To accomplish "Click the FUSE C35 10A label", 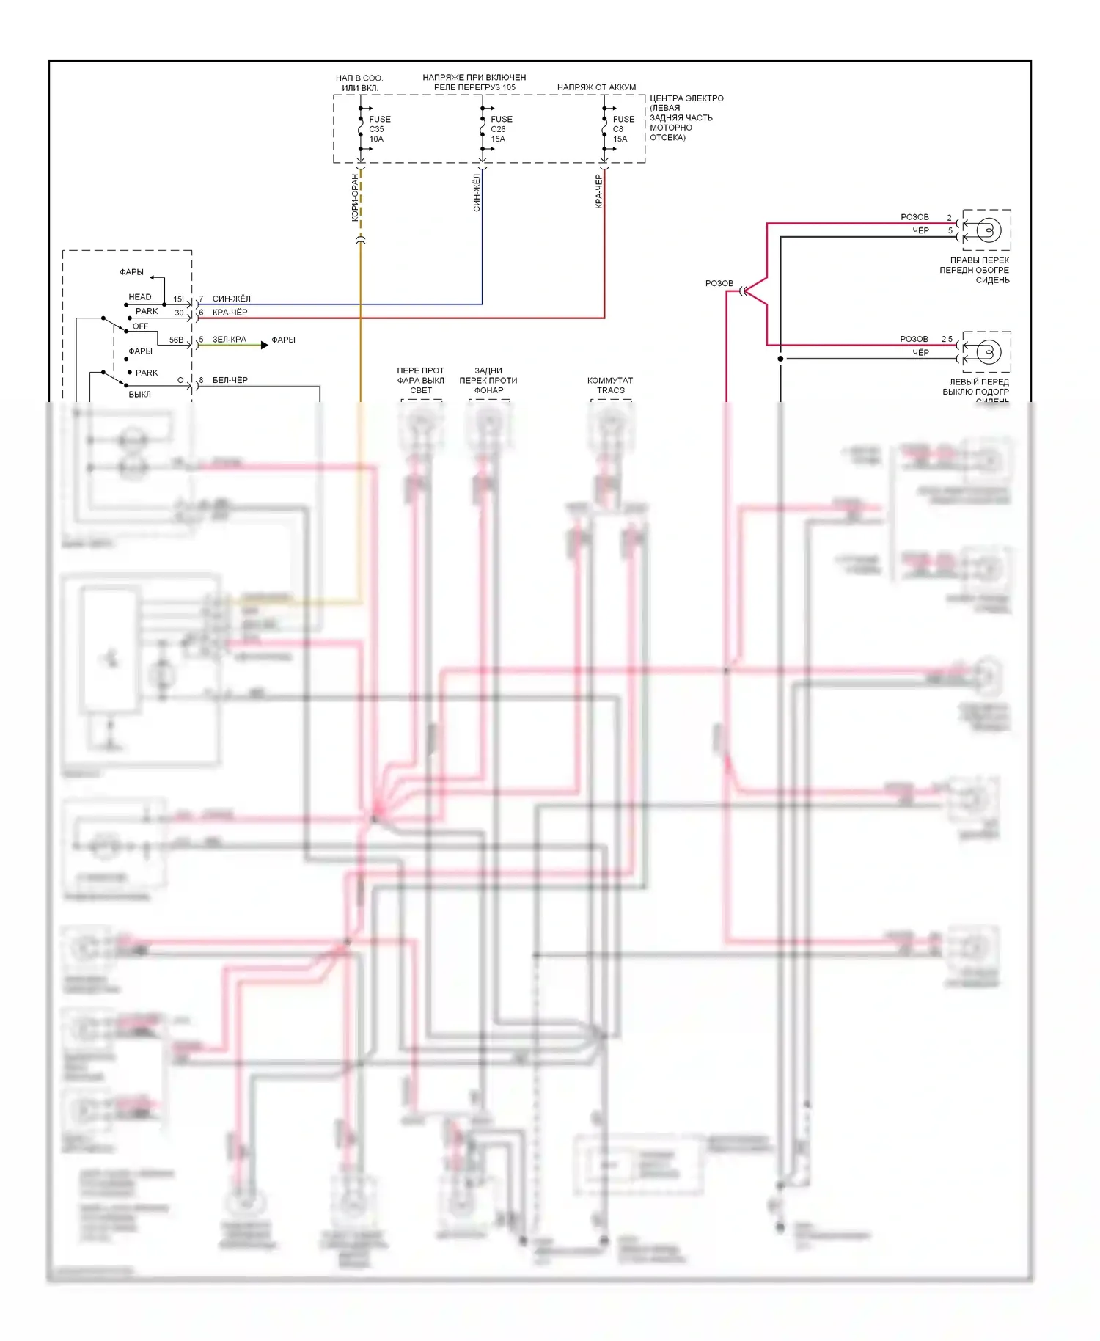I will coord(379,129).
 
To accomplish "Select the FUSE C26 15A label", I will coord(501,129).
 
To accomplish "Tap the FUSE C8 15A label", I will coord(623,129).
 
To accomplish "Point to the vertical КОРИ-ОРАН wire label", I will coord(355,197).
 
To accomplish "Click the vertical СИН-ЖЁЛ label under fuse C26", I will coord(477,193).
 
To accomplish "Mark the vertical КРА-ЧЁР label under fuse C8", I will coord(598,191).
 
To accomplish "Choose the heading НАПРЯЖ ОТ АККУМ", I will coord(596,87).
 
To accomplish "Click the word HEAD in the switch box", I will coord(140,297).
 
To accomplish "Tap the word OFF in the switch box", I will coord(140,326).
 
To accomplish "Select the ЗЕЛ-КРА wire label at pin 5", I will coord(230,340).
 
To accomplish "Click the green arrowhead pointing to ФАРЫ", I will coord(264,345).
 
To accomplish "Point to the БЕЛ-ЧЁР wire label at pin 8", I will coord(230,380).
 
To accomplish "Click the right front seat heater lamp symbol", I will coord(989,230).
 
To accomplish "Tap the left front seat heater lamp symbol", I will coord(989,352).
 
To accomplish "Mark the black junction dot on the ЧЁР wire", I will coord(780,359).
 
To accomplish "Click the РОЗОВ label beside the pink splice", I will coord(719,283).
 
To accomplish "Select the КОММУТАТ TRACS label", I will coord(610,385).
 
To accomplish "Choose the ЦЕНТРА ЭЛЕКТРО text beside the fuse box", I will coord(686,98).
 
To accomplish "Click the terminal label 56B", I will coord(176,340).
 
